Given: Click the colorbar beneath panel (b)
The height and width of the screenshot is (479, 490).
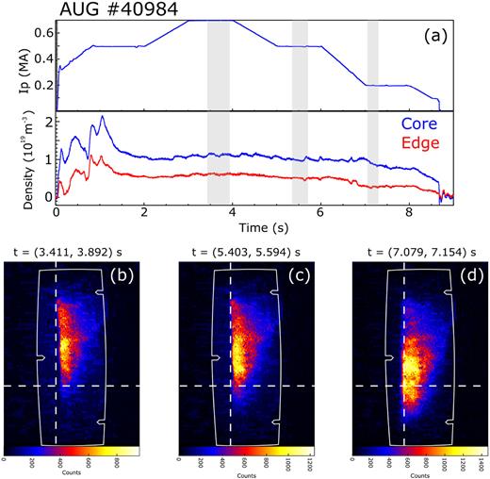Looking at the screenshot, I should [73, 452].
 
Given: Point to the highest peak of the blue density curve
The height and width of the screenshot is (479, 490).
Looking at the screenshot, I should [101, 117].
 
